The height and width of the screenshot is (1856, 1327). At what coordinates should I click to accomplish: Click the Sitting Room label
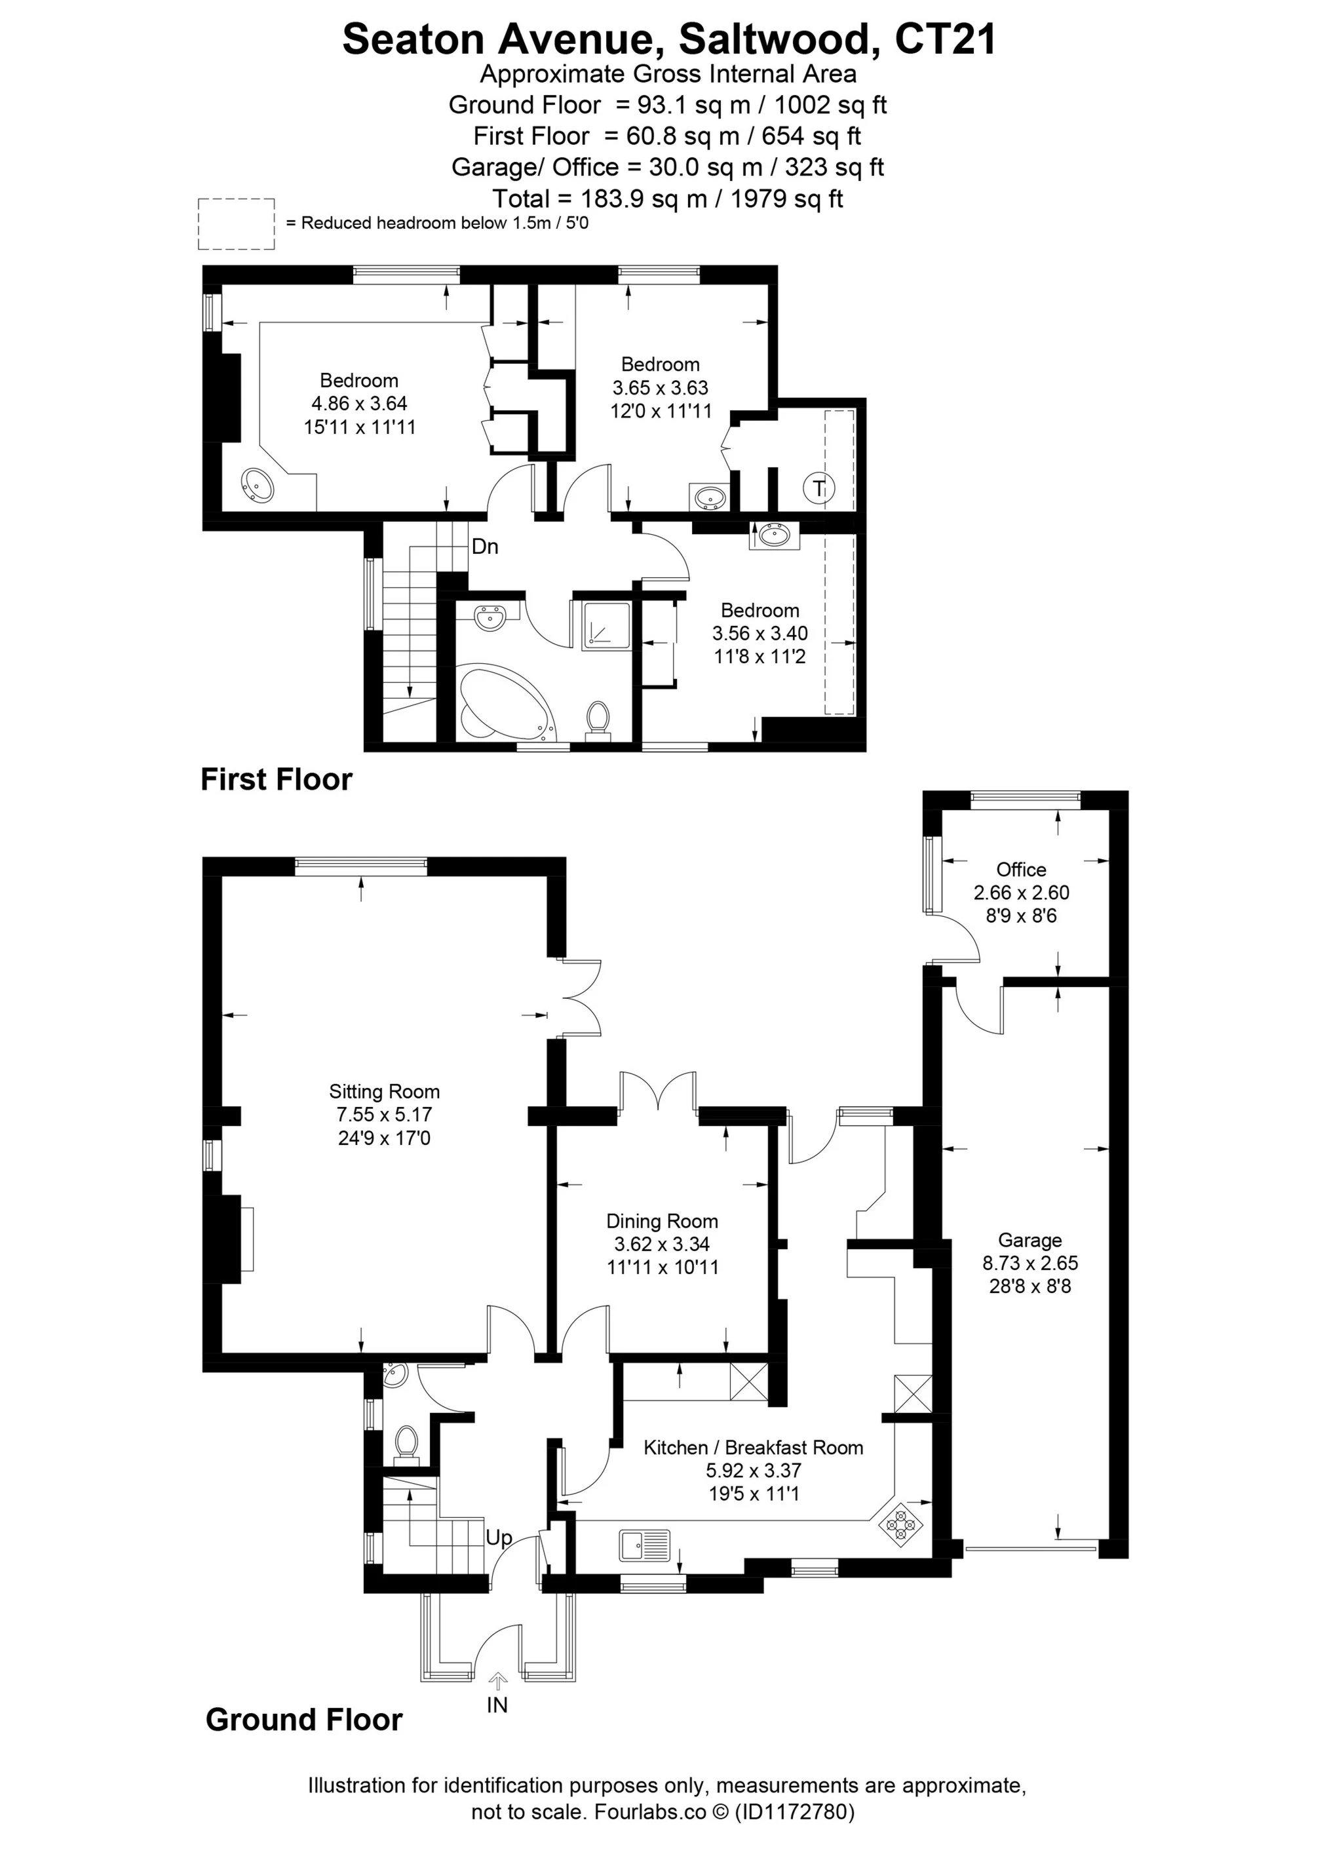tap(384, 1091)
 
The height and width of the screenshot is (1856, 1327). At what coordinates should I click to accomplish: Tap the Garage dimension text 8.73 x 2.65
tap(1029, 1263)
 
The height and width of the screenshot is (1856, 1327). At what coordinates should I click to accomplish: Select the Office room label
tap(1020, 869)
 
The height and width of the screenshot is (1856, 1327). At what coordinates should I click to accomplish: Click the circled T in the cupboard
tap(818, 489)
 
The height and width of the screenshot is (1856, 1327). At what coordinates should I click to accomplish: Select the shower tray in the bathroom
tap(606, 627)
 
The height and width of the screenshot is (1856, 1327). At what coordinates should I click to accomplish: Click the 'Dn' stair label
tap(484, 547)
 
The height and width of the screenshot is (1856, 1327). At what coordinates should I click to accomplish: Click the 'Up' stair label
tap(499, 1537)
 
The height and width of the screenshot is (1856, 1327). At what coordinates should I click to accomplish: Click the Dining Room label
tap(662, 1221)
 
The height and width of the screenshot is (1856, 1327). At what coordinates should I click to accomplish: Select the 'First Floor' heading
tap(276, 780)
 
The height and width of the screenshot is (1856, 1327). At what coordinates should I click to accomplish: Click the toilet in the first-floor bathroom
tap(599, 718)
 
